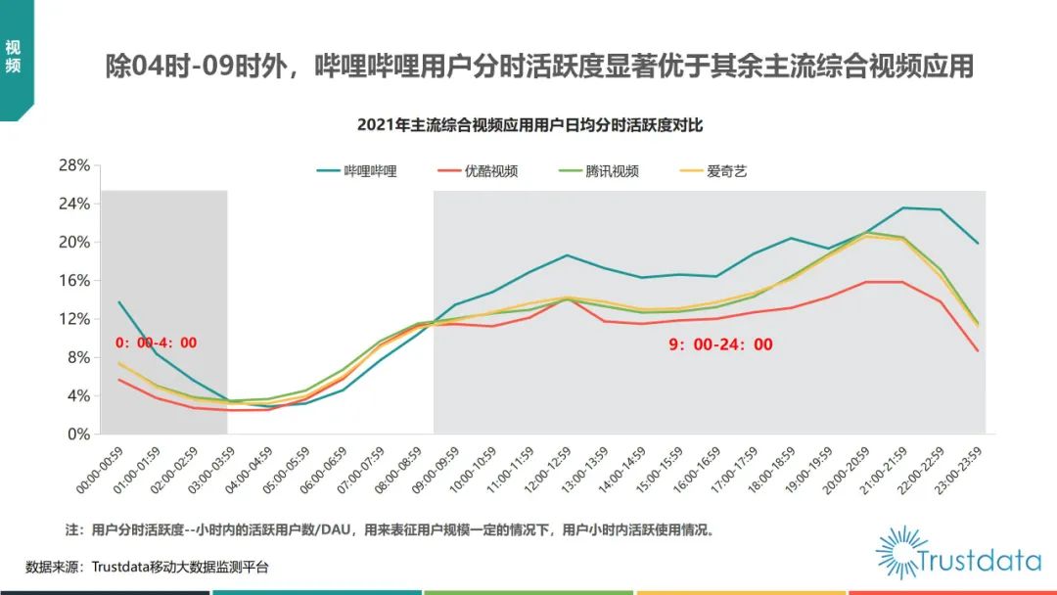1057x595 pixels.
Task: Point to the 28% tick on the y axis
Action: [74, 165]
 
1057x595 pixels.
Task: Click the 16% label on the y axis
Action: [74, 281]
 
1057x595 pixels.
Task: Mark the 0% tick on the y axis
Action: [78, 435]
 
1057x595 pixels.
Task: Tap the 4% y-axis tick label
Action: [78, 396]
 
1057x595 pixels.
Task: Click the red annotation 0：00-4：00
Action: [157, 343]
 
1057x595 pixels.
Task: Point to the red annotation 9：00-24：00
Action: [721, 344]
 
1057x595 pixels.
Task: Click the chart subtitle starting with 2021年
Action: [529, 124]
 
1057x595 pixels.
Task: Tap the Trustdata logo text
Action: [978, 562]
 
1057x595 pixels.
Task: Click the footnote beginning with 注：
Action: [390, 530]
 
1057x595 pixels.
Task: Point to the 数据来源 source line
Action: [147, 567]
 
